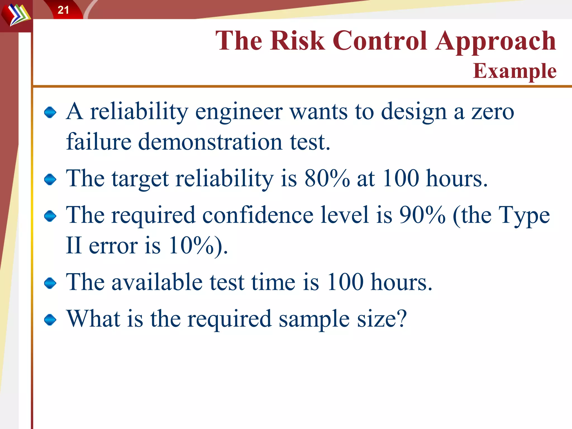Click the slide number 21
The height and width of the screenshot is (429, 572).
coord(63,10)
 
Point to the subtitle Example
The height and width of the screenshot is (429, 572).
coord(514,71)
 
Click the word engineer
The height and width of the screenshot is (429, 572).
coord(239,112)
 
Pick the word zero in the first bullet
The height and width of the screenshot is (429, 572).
coord(493,112)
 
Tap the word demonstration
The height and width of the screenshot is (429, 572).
coord(210,142)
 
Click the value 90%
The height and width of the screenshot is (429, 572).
coord(422,215)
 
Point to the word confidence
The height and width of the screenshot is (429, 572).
coord(258,215)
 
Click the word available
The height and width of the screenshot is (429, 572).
coord(157,282)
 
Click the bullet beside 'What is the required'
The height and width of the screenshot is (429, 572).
coord(50,320)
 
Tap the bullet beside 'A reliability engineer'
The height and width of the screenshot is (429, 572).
coord(50,112)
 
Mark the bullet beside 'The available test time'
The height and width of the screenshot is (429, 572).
coord(50,283)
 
